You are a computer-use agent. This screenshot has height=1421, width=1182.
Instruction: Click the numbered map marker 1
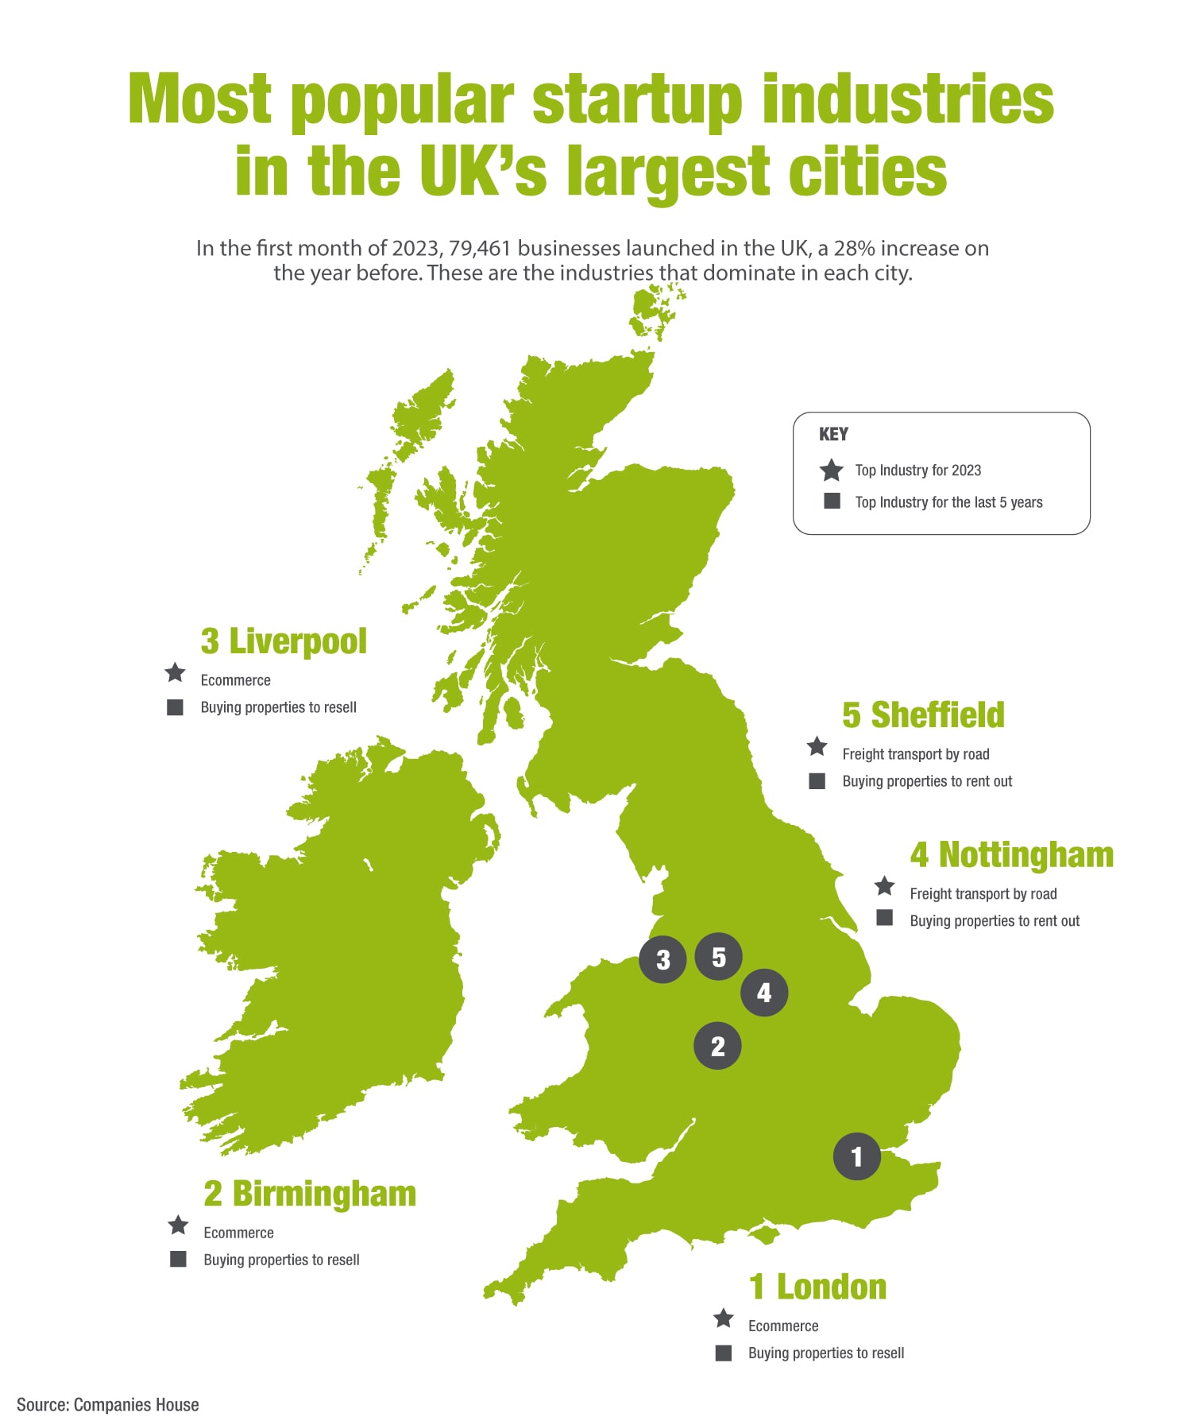(x=856, y=1156)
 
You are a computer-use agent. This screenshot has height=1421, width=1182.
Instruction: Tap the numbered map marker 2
(x=717, y=1046)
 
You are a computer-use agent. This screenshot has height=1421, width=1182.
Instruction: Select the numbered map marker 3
(x=662, y=959)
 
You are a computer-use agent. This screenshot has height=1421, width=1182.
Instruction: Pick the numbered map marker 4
(x=764, y=993)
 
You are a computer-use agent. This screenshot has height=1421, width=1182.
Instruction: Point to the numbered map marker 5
(x=718, y=957)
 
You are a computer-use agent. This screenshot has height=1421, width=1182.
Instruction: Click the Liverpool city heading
(x=284, y=641)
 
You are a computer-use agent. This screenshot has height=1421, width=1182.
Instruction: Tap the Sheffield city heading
(x=923, y=715)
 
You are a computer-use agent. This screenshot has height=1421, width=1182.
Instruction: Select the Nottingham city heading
(x=1011, y=855)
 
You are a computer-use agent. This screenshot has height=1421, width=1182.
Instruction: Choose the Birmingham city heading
(x=310, y=1194)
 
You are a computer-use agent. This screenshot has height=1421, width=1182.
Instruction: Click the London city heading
(x=817, y=1287)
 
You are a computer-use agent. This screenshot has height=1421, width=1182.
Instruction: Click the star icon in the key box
(x=831, y=470)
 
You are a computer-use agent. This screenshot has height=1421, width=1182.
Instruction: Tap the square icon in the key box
(x=832, y=501)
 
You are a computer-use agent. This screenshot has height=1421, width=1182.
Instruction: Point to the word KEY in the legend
(x=833, y=434)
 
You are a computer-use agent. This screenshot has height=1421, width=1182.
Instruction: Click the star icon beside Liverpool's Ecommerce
(x=176, y=673)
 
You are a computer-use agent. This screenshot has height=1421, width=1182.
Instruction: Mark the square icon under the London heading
(x=723, y=1353)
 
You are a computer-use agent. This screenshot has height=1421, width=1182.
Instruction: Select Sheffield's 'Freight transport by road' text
(x=915, y=754)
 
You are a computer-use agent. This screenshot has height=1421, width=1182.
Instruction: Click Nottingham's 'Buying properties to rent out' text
(x=995, y=921)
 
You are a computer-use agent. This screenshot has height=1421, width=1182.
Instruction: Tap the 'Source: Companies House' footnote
(x=108, y=1404)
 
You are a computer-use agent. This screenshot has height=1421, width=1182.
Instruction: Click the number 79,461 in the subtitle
(x=479, y=248)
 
